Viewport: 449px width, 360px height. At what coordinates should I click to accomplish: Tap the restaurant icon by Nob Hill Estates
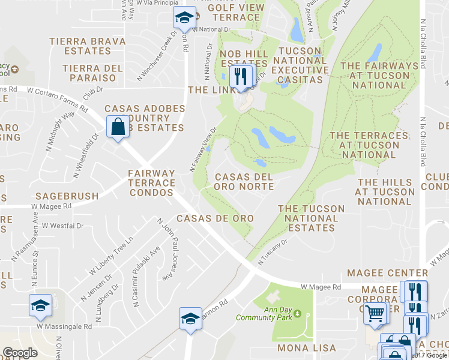[242, 77]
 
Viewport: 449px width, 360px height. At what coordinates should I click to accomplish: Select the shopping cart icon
[376, 313]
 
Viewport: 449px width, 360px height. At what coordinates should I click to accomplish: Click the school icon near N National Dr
[184, 18]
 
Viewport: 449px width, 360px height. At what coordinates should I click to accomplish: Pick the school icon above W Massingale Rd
[41, 305]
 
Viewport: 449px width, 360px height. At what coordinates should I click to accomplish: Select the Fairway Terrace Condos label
[152, 182]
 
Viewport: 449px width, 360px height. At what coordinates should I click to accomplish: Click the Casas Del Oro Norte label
[244, 182]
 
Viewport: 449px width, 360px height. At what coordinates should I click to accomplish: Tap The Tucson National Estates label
[311, 218]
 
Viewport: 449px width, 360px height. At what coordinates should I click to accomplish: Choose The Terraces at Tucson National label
[364, 145]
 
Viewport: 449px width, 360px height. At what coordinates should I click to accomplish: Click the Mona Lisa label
[301, 348]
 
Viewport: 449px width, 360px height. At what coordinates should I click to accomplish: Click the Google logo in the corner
[20, 353]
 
